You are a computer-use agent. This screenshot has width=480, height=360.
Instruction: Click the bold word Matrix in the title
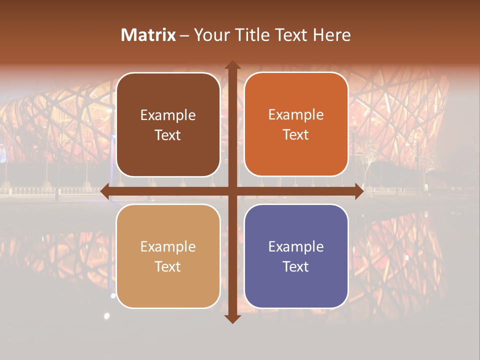click(x=148, y=35)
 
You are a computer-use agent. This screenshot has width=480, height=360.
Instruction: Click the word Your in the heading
click(x=209, y=35)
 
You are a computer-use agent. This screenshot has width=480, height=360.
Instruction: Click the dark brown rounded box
click(x=168, y=125)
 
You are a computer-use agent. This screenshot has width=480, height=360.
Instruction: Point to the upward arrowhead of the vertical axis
click(x=232, y=65)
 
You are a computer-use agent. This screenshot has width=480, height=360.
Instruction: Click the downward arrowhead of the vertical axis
click(x=232, y=319)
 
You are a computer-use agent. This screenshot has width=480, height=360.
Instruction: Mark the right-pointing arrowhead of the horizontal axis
click(x=358, y=191)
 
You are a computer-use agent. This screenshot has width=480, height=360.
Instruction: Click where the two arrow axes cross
click(x=232, y=191)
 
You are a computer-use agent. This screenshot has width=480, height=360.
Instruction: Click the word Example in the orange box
click(x=296, y=115)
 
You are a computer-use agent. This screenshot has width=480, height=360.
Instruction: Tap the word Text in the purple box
click(x=296, y=266)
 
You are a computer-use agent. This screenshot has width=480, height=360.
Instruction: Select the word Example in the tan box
click(x=168, y=246)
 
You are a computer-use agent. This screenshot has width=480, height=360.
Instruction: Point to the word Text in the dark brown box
click(x=168, y=135)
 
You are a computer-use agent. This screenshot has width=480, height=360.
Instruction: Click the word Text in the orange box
click(x=296, y=135)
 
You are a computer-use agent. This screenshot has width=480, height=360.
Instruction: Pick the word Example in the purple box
click(x=296, y=246)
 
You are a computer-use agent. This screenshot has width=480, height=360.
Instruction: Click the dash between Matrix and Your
click(x=184, y=35)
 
